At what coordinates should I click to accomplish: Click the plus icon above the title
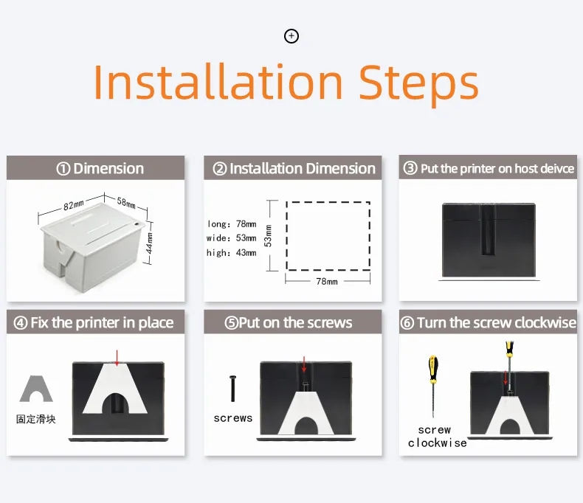click(x=291, y=36)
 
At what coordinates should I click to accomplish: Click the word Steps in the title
click(x=418, y=83)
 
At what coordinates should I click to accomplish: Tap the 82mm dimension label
click(x=73, y=205)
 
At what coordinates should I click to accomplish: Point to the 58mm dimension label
click(x=126, y=203)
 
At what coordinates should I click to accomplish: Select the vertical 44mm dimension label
click(x=149, y=243)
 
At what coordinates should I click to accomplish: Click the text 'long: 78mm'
click(x=232, y=224)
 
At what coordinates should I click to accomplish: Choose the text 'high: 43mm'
click(x=231, y=253)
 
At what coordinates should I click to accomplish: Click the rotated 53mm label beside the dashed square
click(x=268, y=235)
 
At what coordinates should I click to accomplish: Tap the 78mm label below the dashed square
click(x=327, y=282)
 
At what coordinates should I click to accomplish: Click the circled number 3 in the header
click(x=410, y=168)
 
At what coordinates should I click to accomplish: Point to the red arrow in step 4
click(x=117, y=358)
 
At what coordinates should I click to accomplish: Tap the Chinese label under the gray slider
click(x=36, y=420)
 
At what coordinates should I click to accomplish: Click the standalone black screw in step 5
click(x=232, y=389)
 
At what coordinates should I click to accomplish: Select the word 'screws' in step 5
click(x=233, y=418)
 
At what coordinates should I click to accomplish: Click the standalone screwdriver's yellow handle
click(x=433, y=370)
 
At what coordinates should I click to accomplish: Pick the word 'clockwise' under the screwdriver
click(x=437, y=443)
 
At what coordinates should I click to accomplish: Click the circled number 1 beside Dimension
click(x=63, y=169)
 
